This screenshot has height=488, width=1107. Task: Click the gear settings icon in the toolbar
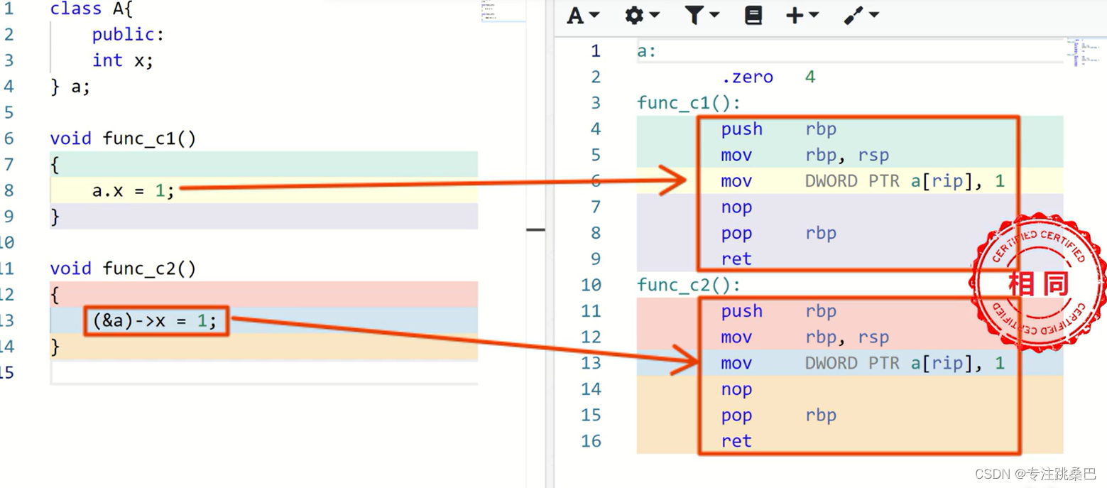pyautogui.click(x=634, y=16)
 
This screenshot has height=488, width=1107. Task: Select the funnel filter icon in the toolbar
pyautogui.click(x=694, y=16)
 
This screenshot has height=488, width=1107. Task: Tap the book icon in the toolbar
pyautogui.click(x=753, y=16)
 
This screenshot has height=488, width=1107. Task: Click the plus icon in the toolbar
pyautogui.click(x=795, y=16)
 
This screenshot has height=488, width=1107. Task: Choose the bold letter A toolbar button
pyautogui.click(x=575, y=16)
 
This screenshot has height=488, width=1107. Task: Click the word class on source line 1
pyautogui.click(x=75, y=9)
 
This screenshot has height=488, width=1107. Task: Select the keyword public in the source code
pyautogui.click(x=123, y=34)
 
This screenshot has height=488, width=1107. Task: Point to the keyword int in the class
pyautogui.click(x=107, y=60)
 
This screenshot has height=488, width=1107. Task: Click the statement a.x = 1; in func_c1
pyautogui.click(x=133, y=190)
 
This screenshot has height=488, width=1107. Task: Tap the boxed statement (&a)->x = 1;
pyautogui.click(x=155, y=321)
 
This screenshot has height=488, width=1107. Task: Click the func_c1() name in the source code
pyautogui.click(x=149, y=139)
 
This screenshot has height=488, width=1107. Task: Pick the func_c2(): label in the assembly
pyautogui.click(x=689, y=285)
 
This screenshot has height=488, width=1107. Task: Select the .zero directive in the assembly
pyautogui.click(x=747, y=77)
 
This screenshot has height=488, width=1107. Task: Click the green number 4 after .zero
pyautogui.click(x=810, y=77)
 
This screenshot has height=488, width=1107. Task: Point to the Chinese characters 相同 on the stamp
pyautogui.click(x=1038, y=284)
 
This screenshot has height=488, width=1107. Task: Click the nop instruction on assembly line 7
pyautogui.click(x=736, y=207)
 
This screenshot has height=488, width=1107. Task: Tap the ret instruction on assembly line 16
pyautogui.click(x=736, y=440)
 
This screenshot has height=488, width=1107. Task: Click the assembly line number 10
pyautogui.click(x=591, y=285)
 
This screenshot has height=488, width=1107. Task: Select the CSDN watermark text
pyautogui.click(x=1035, y=474)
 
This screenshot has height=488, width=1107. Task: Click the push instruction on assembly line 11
pyautogui.click(x=742, y=311)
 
